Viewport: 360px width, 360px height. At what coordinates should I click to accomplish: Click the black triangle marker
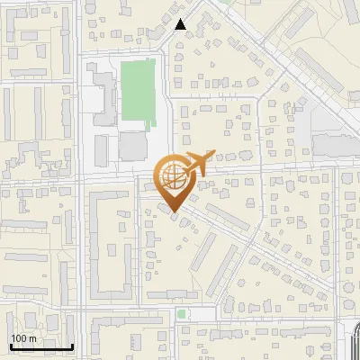181,24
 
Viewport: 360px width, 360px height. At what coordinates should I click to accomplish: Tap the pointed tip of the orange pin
175,212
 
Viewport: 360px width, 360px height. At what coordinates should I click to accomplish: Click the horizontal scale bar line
41,346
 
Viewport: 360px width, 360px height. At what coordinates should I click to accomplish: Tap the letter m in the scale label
32,339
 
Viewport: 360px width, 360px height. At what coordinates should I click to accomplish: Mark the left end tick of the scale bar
10,345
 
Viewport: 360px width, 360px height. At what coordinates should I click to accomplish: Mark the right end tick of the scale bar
73,345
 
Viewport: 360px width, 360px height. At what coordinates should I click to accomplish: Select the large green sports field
138,90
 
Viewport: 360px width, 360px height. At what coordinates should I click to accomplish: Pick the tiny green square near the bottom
182,314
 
